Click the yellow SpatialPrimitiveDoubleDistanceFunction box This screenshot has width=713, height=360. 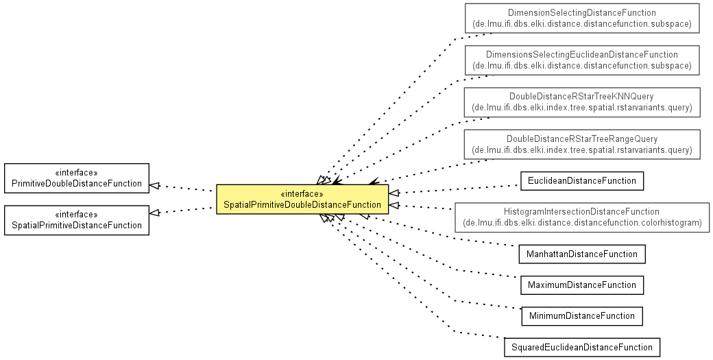coord(302,199)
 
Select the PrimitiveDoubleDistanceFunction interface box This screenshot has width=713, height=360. coord(76,178)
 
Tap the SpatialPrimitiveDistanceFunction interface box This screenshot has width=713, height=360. coord(76,220)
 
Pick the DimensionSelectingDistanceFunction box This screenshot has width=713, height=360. coord(582,19)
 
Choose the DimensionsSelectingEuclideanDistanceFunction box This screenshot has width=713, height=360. coord(582,60)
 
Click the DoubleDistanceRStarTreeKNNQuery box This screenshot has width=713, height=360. coord(582,101)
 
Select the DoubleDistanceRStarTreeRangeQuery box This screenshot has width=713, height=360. coord(582,144)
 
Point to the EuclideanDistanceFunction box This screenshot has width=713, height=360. coord(582,181)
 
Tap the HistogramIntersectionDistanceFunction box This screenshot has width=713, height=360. coord(582,217)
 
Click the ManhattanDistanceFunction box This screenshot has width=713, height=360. coord(582,254)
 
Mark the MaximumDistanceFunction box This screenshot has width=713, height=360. coord(582,285)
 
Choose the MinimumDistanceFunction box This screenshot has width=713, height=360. coord(582,316)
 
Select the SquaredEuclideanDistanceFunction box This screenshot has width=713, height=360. coord(582,347)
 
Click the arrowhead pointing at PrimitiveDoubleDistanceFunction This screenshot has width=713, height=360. coord(155,185)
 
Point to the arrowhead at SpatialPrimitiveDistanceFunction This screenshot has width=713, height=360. coord(155,213)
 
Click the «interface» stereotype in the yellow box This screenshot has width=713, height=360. coord(302,194)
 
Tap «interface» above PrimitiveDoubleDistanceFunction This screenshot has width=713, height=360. coord(76,173)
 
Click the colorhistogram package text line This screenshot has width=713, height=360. coord(582,223)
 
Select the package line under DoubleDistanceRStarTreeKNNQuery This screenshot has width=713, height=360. coord(582,108)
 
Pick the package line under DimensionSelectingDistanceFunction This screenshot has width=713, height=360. coord(582,23)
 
